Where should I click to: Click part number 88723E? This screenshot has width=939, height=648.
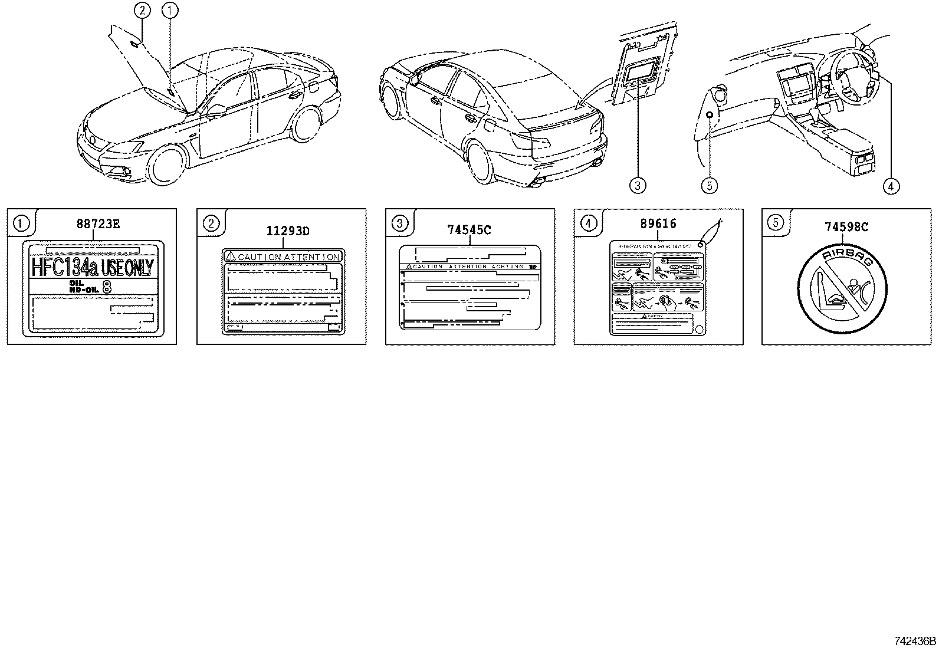tap(98, 224)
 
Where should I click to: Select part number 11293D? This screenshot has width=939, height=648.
tap(287, 231)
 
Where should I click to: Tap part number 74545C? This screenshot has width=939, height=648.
tap(469, 230)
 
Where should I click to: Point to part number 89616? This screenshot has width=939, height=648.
tap(658, 223)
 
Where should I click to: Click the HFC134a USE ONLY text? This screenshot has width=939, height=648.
tap(92, 268)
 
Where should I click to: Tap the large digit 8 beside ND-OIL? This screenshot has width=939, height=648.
tap(107, 287)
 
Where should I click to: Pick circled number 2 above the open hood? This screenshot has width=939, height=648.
tap(141, 9)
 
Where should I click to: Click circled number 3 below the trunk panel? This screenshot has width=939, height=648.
tap(637, 186)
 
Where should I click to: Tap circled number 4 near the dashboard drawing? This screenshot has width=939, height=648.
tap(891, 186)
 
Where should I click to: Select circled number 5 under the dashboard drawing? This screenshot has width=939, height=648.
tap(709, 186)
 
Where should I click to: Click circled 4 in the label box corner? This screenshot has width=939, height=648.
tap(588, 223)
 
